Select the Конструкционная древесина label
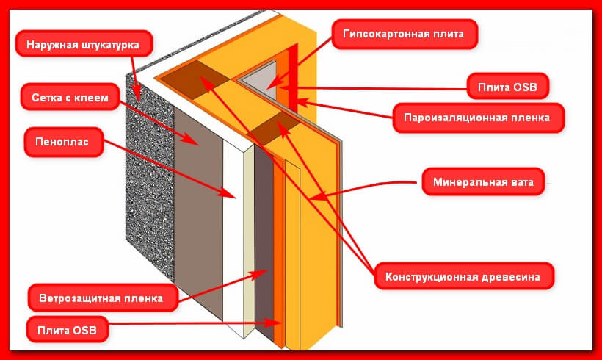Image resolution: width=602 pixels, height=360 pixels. click(463, 278)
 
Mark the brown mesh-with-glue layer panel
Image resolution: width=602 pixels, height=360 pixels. click(198, 213)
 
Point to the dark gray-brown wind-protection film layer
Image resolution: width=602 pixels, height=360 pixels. click(264, 242)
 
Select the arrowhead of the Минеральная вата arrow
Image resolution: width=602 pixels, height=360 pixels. click(311, 198)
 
